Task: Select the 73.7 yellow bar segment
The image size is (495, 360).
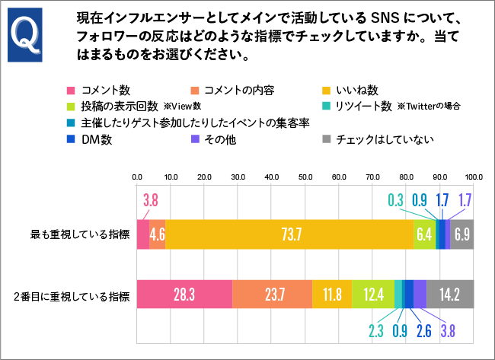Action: click(x=289, y=234)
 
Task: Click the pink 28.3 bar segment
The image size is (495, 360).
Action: click(x=184, y=294)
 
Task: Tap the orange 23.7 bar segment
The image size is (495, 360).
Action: click(x=272, y=294)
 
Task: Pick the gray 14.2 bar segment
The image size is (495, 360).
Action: click(x=450, y=294)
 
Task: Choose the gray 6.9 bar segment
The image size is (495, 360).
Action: click(x=462, y=234)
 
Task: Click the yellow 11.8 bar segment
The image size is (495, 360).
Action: click(x=332, y=294)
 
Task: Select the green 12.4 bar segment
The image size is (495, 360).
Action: click(x=373, y=294)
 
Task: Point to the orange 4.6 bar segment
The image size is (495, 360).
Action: click(x=157, y=234)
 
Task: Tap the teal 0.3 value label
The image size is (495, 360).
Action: click(x=395, y=202)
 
